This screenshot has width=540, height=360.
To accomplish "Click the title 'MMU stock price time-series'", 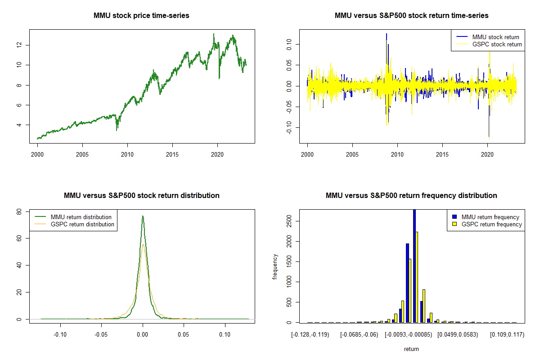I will [141, 16].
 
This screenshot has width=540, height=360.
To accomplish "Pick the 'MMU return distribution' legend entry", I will [81, 217].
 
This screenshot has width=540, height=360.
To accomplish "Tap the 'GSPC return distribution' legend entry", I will [82, 224].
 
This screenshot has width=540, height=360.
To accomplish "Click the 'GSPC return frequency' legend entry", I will [492, 224].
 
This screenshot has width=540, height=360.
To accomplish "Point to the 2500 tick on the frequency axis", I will [289, 221].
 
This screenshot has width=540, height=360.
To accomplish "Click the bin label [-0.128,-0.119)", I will [310, 334].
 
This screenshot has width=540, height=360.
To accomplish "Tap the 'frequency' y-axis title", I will [275, 266].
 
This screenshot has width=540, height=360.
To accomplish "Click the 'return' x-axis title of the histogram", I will [411, 349].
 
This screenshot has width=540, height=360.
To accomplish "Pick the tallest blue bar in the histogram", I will [414, 265].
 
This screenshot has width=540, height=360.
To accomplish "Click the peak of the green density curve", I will [143, 216].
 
